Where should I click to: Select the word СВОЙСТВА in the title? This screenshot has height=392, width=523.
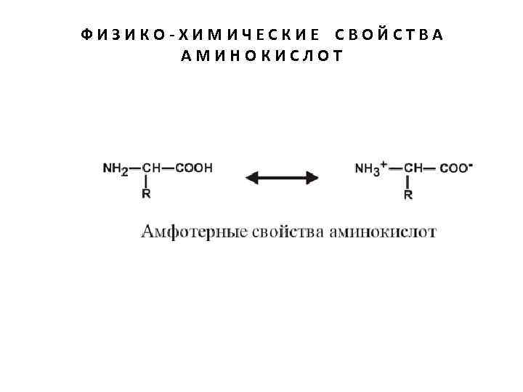tap(389, 35)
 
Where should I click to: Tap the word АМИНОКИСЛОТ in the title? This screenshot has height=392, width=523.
tap(261, 55)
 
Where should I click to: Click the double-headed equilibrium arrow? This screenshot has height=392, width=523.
tap(282, 177)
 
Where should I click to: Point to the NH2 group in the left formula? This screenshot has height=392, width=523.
tap(115, 168)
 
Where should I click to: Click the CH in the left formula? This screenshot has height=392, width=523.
tap(151, 168)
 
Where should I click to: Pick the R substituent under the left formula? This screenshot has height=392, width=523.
tap(146, 194)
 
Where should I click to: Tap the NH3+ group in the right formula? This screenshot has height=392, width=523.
tap(370, 168)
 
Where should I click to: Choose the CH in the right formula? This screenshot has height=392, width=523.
tap(413, 168)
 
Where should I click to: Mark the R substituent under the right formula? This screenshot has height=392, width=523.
tap(408, 195)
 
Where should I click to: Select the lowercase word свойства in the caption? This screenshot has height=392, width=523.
tap(282, 232)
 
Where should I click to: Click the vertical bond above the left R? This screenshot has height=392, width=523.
tap(146, 181)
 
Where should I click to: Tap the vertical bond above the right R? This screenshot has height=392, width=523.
tap(408, 181)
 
